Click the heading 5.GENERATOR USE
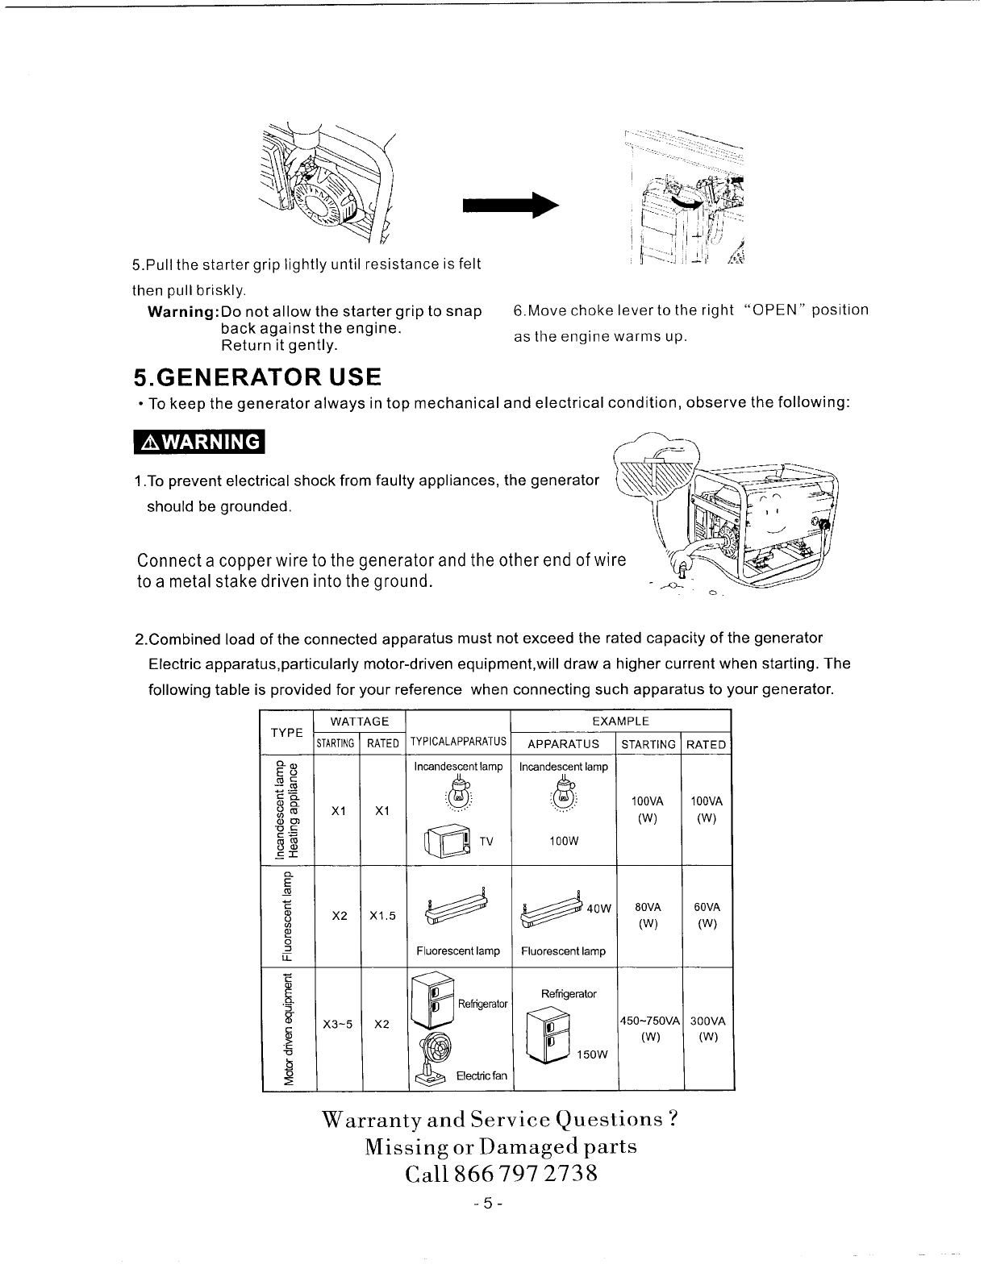(x=256, y=377)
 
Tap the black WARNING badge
(x=200, y=443)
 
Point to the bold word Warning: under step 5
(x=183, y=312)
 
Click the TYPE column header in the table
(x=286, y=732)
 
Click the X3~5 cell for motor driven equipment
(x=338, y=1024)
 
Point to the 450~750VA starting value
(x=650, y=1021)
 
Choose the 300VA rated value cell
(x=708, y=1021)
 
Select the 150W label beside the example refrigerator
(x=594, y=1054)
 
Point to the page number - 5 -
(x=490, y=1204)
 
